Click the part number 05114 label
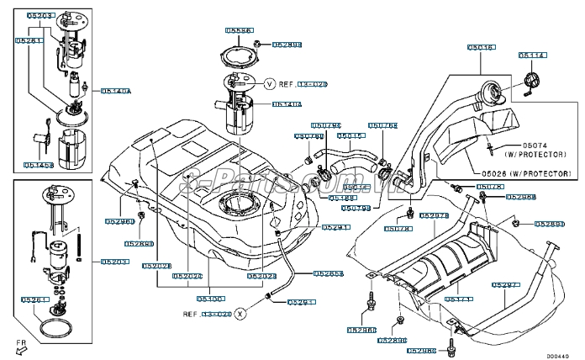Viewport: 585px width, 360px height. click(532, 55)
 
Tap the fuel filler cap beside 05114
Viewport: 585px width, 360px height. click(531, 82)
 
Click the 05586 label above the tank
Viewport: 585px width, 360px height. click(240, 30)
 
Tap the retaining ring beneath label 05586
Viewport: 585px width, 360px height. click(240, 56)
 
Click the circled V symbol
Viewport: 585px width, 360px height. click(270, 84)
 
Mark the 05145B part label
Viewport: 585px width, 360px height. click(39, 166)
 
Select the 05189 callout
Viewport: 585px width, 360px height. click(342, 197)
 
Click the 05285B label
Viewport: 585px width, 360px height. click(329, 273)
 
